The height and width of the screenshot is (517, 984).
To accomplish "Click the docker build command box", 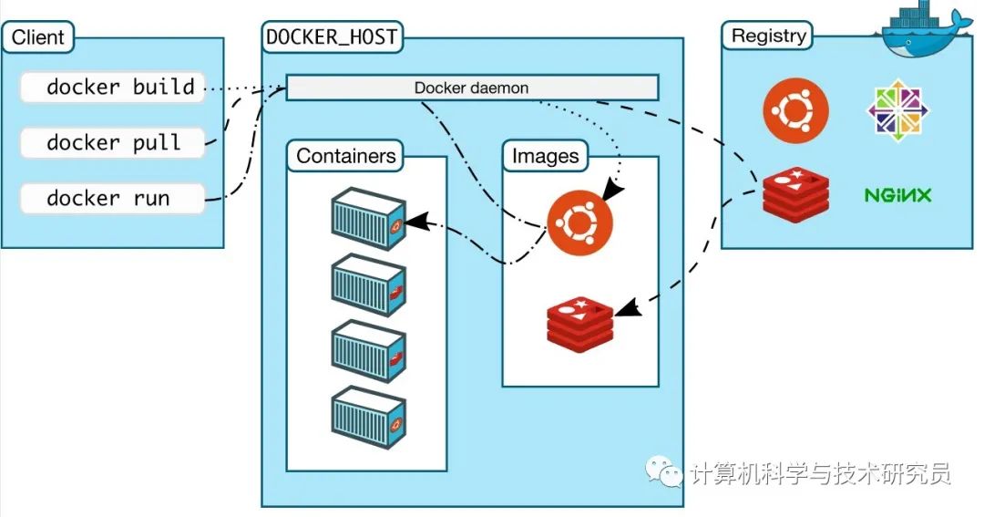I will [x=113, y=88].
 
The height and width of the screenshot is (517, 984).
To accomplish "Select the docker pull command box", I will [x=113, y=143].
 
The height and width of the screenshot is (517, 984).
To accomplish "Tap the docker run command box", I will [x=113, y=199].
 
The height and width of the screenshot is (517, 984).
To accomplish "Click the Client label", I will [x=38, y=37].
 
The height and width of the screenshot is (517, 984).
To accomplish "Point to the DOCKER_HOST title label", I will [x=333, y=37].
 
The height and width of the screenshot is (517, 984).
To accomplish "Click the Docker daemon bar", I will [x=472, y=88].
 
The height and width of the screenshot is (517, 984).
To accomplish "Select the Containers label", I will [x=346, y=156].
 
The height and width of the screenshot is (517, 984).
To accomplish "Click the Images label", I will [x=546, y=156].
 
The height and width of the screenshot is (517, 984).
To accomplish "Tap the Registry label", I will [x=769, y=36].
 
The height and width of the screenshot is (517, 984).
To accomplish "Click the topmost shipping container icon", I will [x=367, y=220].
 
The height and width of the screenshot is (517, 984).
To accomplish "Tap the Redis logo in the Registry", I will [x=795, y=195].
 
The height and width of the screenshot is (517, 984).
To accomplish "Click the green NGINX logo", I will [x=897, y=195].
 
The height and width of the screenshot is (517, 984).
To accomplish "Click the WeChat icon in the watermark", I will [x=665, y=471].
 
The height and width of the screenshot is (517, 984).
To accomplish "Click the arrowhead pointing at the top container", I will [x=413, y=221].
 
